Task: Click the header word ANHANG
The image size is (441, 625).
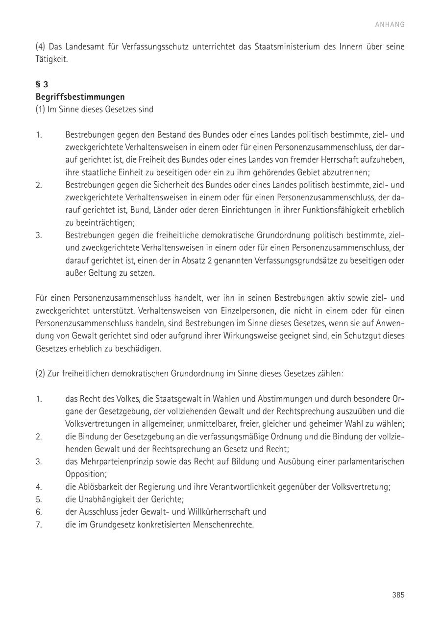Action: (x=390, y=24)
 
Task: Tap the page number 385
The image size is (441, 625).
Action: (x=398, y=595)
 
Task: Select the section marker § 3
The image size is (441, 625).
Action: (x=42, y=84)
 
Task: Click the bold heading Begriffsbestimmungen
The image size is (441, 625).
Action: (x=80, y=97)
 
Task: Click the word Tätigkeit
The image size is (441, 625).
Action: (x=51, y=59)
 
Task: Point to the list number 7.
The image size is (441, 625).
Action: (x=39, y=525)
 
